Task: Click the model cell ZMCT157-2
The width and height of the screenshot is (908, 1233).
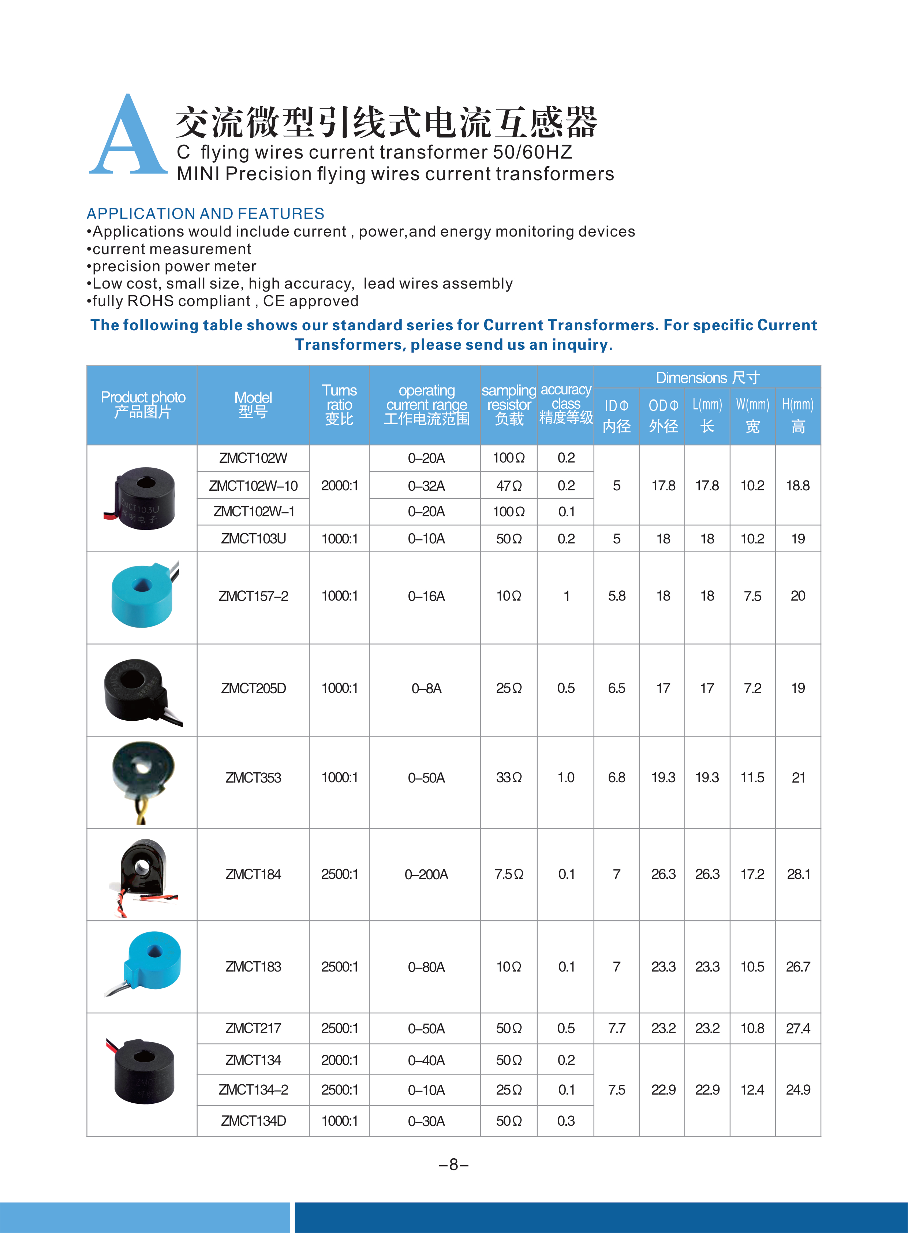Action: pyautogui.click(x=253, y=596)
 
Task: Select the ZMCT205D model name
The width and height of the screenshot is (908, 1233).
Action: pyautogui.click(x=253, y=688)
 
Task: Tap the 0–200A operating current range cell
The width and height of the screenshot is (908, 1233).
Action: pyautogui.click(x=426, y=874)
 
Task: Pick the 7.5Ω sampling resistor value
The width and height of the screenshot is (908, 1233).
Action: pyautogui.click(x=509, y=874)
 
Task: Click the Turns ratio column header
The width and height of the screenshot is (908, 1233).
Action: pyautogui.click(x=339, y=405)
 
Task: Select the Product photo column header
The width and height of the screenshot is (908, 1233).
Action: pyautogui.click(x=143, y=405)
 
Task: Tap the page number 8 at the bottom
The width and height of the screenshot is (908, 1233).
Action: pyautogui.click(x=453, y=1164)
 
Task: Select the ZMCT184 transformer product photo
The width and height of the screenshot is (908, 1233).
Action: pyautogui.click(x=143, y=874)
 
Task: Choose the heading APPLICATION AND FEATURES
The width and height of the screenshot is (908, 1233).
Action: pyautogui.click(x=206, y=213)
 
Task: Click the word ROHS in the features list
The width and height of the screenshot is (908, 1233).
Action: pyautogui.click(x=150, y=301)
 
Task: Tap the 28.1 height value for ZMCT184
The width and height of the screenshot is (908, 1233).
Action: pyautogui.click(x=798, y=874)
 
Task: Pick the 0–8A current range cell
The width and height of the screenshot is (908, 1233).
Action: pyautogui.click(x=426, y=688)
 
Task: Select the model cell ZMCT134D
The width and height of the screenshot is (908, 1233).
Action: pyautogui.click(x=253, y=1121)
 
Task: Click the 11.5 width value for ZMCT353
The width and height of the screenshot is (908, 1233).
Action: pyautogui.click(x=752, y=778)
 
